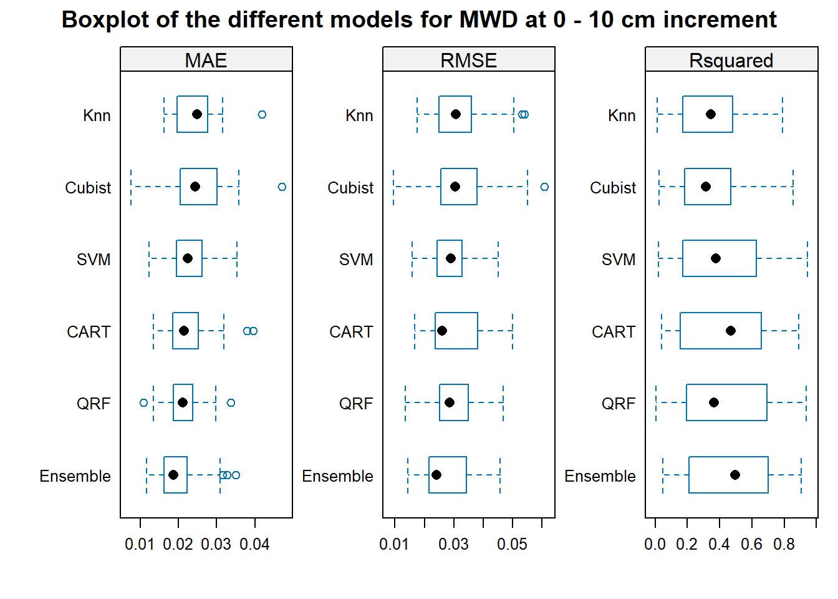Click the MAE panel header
pos(206,59)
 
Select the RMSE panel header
pos(469,59)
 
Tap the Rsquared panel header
pos(731,59)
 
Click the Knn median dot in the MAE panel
pos(197,114)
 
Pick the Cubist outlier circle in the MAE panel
pos(282,187)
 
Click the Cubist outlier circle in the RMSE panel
pos(545,187)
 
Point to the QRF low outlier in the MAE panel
pos(143,403)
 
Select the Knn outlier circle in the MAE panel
pos(262,114)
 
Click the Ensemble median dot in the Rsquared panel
pos(735,475)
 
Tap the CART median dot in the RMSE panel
pos(442,331)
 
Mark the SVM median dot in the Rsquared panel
pos(716,258)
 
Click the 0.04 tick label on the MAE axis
pos(254,544)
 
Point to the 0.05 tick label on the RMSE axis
pos(512,544)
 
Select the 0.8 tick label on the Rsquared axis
pos(784,544)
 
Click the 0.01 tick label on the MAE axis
pos(140,544)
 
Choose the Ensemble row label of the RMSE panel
pos(337,476)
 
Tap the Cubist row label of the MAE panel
pos(88,188)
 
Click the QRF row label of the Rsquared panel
pos(619,404)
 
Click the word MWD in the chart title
pos(489,19)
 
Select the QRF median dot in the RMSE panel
pos(450,403)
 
